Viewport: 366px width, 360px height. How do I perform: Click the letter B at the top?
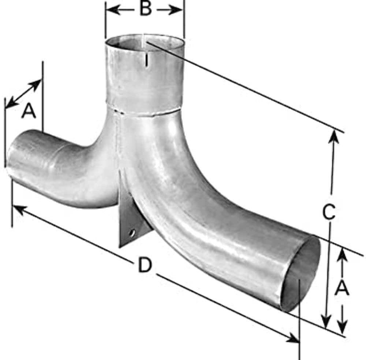pos(146,9)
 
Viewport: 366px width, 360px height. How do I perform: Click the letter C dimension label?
pos(329,211)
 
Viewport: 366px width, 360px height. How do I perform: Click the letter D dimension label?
pos(145,265)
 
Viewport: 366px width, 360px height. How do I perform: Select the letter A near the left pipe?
pos(29,111)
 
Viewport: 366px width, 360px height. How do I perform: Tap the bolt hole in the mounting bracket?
pos(132,233)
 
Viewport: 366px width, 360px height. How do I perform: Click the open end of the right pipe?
pos(300,273)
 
